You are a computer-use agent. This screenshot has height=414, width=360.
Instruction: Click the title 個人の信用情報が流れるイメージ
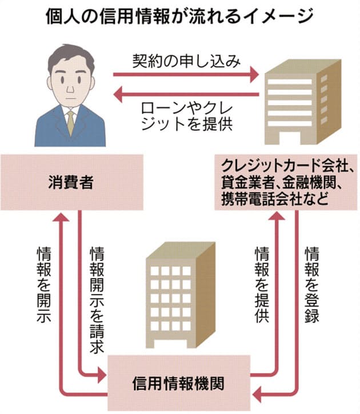tap(179, 15)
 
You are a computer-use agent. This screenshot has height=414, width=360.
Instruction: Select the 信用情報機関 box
tap(179, 379)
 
